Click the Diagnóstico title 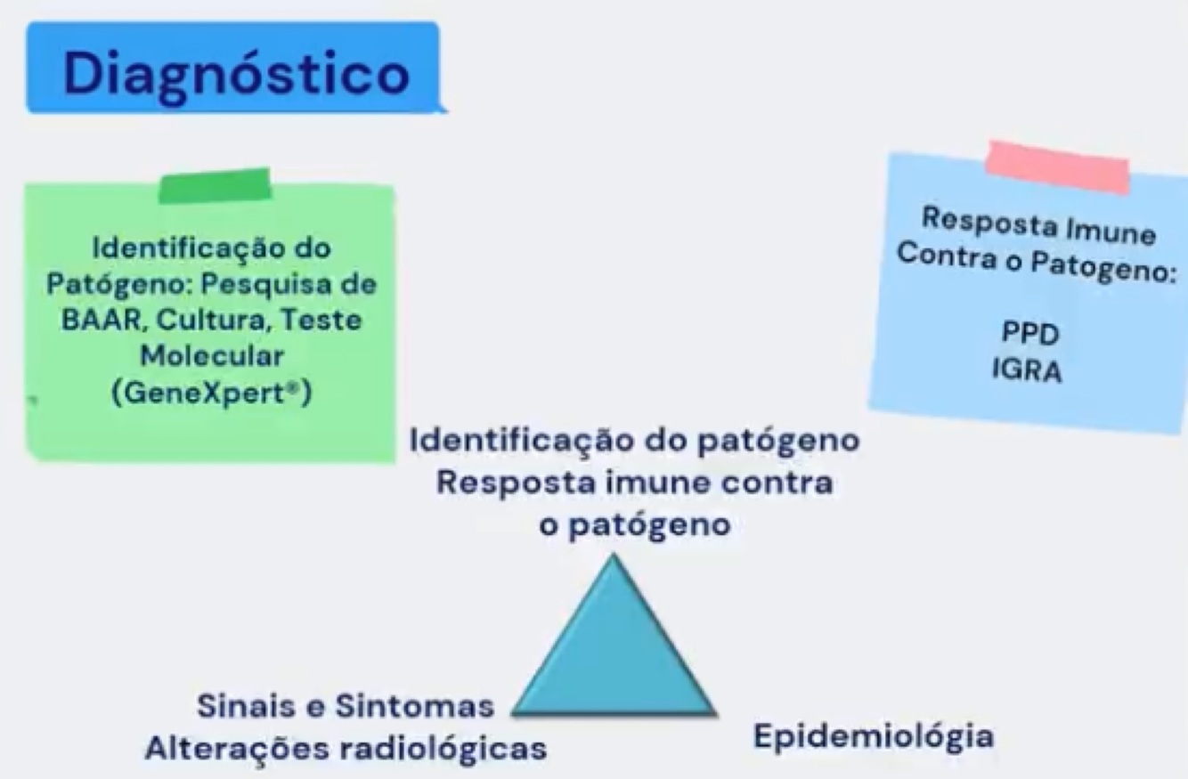click(236, 72)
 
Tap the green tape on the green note click(215, 185)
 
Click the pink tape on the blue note click(1057, 166)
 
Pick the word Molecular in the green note click(212, 356)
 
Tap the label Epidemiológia click(874, 737)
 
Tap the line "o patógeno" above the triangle click(635, 525)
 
